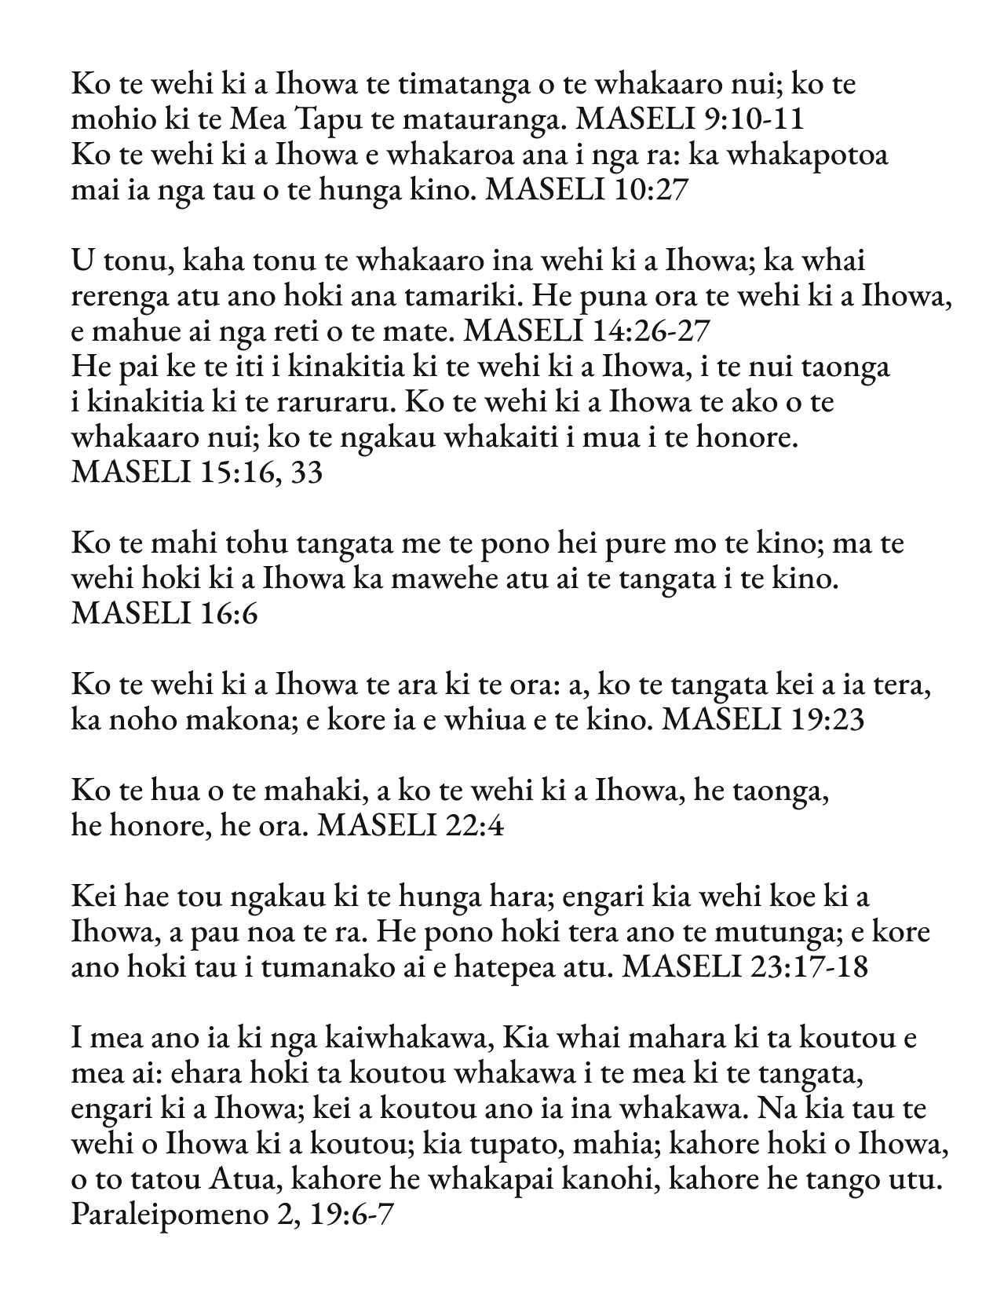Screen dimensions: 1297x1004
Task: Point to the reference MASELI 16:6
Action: click(x=164, y=613)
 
